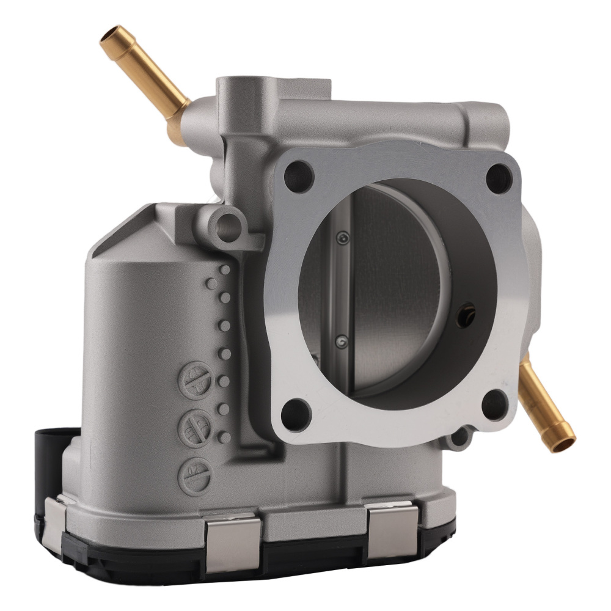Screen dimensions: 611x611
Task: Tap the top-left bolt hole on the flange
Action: click(x=299, y=175)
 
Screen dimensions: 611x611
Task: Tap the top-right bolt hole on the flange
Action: click(x=499, y=178)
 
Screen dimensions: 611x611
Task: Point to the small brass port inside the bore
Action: click(x=467, y=312)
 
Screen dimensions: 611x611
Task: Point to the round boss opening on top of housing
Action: click(x=238, y=86)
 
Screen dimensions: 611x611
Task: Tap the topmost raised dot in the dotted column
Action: click(x=225, y=269)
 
